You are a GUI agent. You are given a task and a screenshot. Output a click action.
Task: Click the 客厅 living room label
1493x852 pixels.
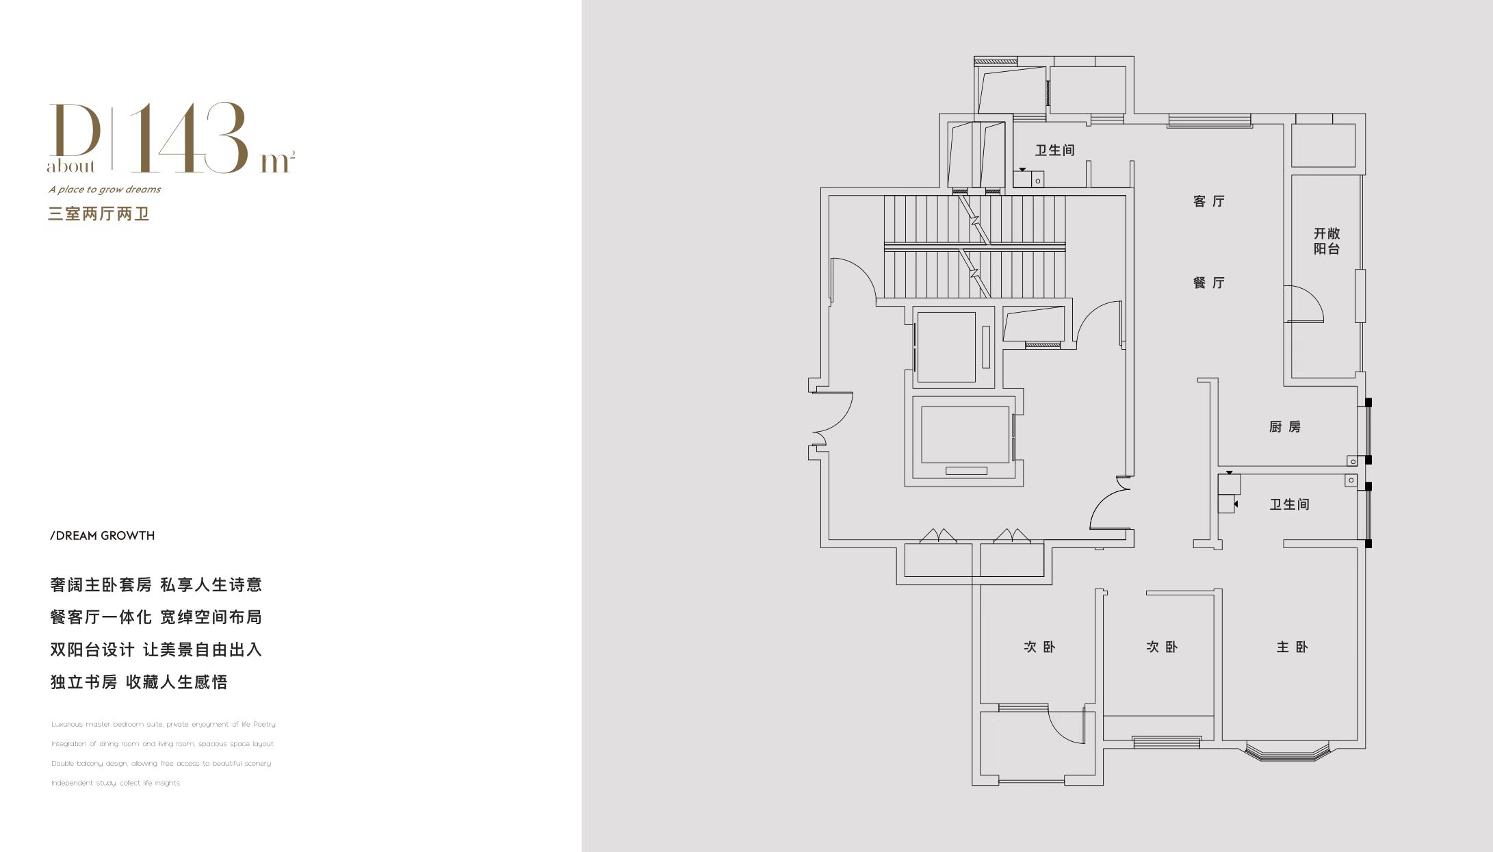click(1208, 201)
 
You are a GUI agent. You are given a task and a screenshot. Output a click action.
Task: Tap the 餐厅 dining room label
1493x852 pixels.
click(1208, 283)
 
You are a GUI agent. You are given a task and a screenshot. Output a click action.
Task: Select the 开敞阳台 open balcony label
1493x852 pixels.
click(1327, 241)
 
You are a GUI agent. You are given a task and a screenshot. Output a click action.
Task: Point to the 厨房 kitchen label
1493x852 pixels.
click(1284, 427)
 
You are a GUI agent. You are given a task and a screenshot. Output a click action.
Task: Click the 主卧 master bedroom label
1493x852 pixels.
click(1292, 647)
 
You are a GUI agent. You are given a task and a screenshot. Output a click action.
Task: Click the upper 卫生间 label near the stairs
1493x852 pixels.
click(1054, 151)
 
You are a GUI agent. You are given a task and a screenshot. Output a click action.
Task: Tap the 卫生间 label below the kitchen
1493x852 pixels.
click(1289, 504)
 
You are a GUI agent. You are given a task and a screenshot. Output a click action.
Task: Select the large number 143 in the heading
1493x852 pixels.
click(189, 138)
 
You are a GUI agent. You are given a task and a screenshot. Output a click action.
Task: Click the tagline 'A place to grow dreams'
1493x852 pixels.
click(105, 190)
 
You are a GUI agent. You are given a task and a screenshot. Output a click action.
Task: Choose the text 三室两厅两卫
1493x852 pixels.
click(99, 214)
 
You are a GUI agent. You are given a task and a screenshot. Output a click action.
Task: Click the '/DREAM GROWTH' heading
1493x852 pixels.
click(103, 536)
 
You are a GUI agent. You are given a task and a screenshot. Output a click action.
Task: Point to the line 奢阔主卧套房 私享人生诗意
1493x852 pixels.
click(156, 585)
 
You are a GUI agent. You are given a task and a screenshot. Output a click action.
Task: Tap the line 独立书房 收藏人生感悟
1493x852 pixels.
click(139, 682)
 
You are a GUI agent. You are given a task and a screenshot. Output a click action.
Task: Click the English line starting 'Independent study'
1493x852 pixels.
click(116, 783)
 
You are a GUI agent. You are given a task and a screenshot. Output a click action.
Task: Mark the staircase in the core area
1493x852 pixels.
click(974, 247)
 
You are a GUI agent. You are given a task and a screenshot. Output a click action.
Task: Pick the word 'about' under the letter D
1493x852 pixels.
click(71, 166)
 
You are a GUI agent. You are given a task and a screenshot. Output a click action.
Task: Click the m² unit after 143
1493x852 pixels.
click(277, 162)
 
